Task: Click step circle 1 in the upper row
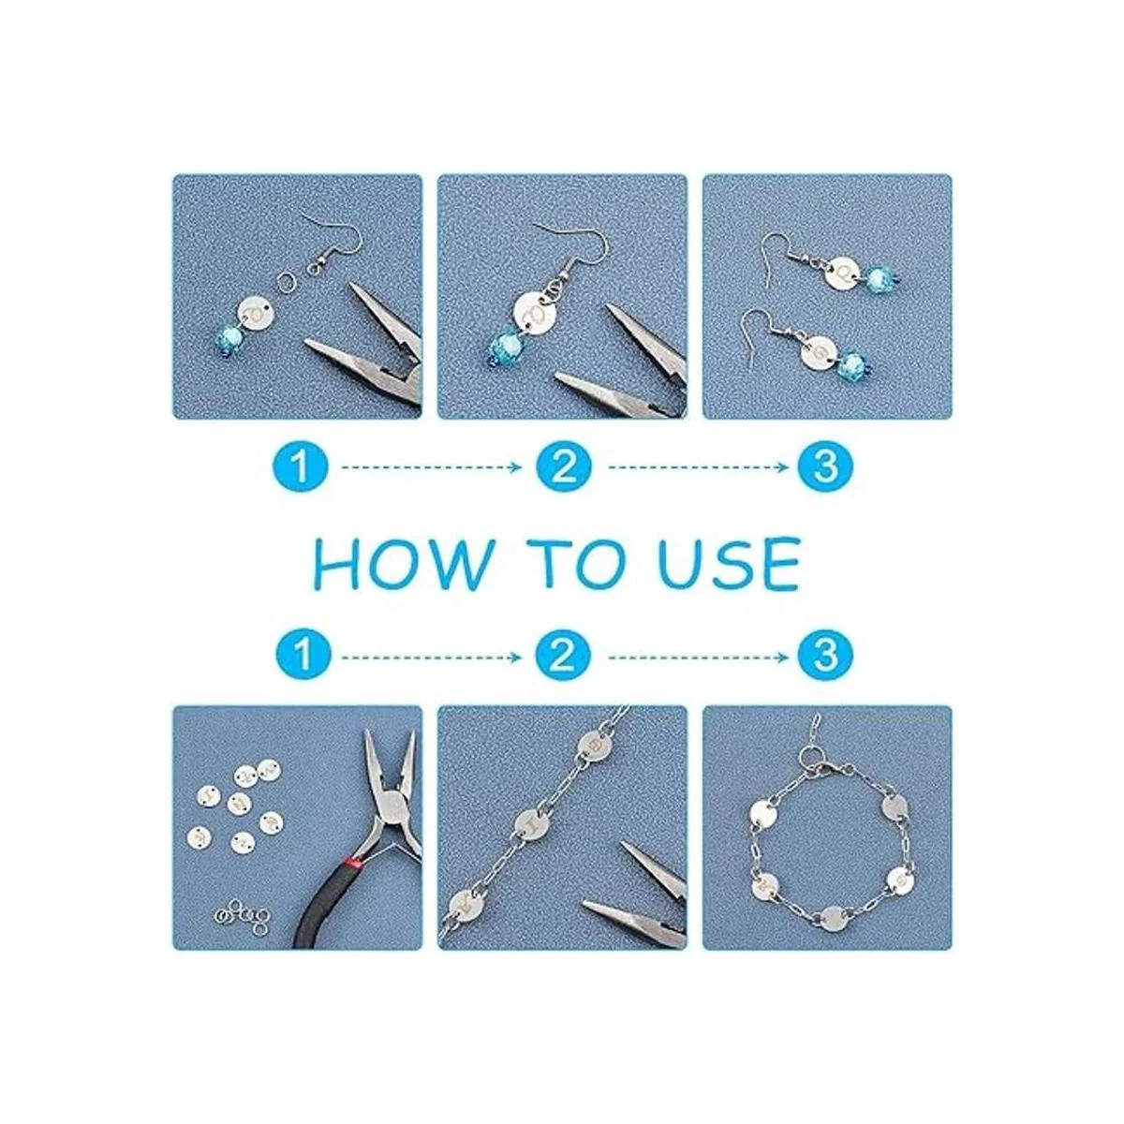pos(301,466)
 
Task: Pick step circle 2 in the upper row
pos(563,466)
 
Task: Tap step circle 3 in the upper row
pos(824,466)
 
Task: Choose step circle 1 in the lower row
pos(301,658)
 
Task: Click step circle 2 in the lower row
pos(563,658)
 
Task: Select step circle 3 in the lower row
pos(824,658)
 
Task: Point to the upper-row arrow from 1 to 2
pos(432,466)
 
